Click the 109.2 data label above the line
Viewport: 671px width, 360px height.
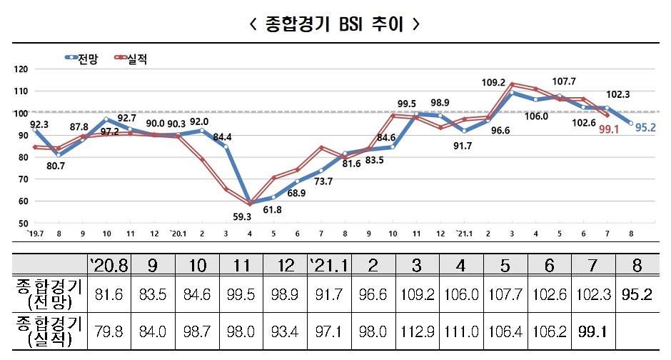493,83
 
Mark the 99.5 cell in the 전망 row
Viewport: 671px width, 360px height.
242,294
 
